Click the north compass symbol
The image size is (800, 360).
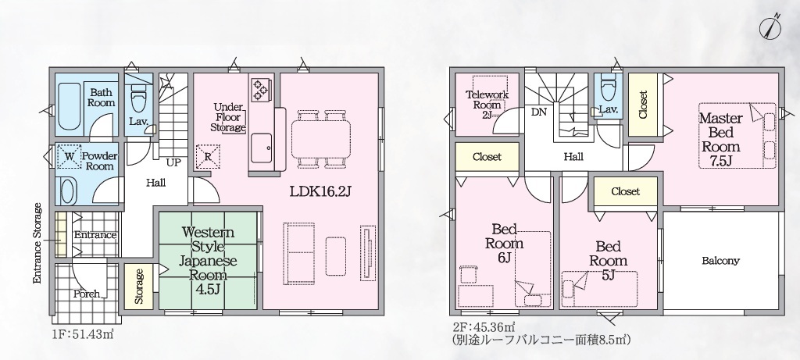pos(770,27)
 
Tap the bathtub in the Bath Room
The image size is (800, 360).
pos(69,106)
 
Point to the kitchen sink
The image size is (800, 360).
pos(262,148)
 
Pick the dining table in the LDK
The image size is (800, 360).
pos(321,138)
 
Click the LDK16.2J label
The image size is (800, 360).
pos(321,192)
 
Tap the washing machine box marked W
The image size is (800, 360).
pos(70,156)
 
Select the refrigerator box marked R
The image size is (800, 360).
pos(208,156)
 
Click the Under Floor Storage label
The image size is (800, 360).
pos(229,117)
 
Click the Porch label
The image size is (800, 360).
pos(87,294)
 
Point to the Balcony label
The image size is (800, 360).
pos(721,261)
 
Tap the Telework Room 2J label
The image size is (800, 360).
pos(487,105)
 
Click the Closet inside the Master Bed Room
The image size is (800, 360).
pos(642,105)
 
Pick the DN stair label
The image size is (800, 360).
pos(539,112)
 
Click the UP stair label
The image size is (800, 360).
pos(173,163)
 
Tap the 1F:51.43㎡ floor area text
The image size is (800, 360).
pos(82,334)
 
